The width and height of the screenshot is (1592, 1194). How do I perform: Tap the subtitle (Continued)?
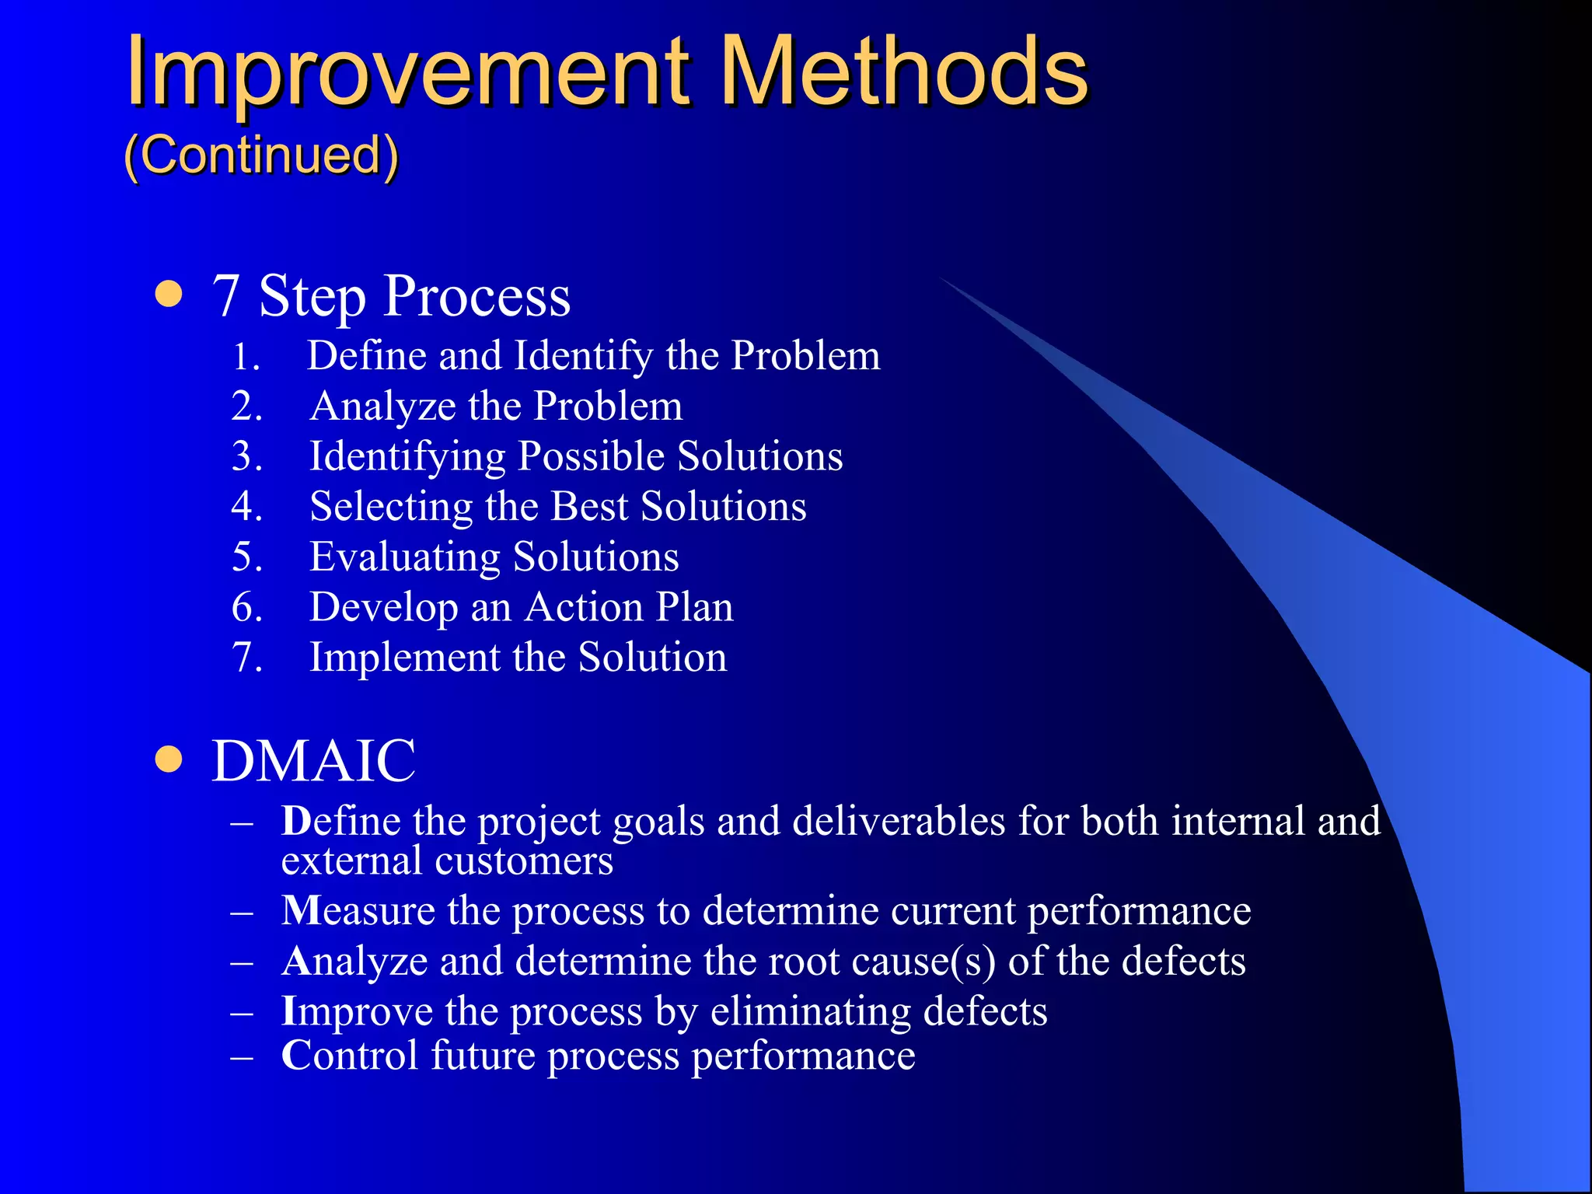pyautogui.click(x=261, y=155)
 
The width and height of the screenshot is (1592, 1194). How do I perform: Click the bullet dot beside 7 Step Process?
pyautogui.click(x=169, y=295)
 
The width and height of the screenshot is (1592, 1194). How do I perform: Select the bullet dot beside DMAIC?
pyautogui.click(x=169, y=759)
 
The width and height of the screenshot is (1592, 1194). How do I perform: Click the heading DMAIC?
pyautogui.click(x=314, y=761)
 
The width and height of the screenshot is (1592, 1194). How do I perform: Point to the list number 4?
pyautogui.click(x=246, y=507)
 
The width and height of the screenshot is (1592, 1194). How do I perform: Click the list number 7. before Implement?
pyautogui.click(x=246, y=658)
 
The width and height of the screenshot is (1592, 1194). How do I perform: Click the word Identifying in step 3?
pyautogui.click(x=407, y=457)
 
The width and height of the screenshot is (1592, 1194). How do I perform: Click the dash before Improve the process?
pyautogui.click(x=243, y=1013)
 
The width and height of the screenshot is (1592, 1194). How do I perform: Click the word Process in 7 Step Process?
pyautogui.click(x=477, y=296)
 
